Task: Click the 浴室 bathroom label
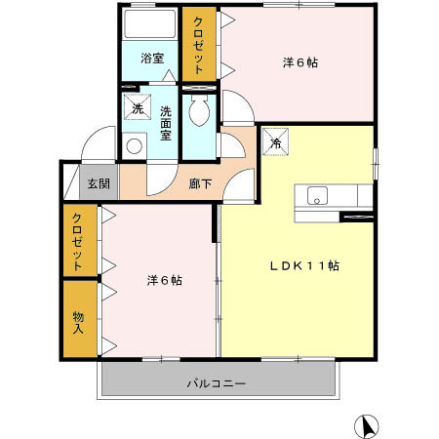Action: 151,57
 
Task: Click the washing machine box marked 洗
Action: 138,107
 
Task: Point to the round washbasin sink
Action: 135,146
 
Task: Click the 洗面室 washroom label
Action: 166,123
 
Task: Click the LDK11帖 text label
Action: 304,264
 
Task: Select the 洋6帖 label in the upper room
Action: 299,61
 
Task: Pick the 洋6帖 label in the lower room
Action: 164,281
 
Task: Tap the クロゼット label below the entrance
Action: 77,240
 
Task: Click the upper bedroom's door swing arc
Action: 235,103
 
